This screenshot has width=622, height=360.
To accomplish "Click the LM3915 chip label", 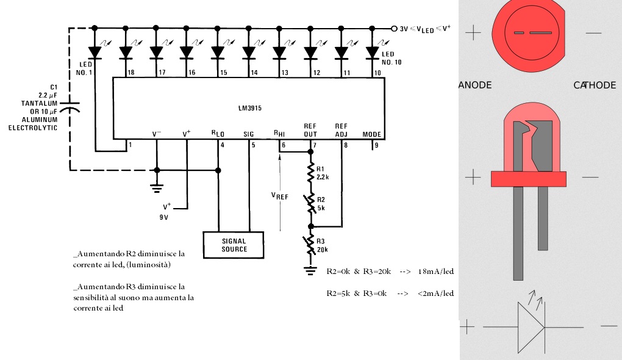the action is click(x=250, y=108).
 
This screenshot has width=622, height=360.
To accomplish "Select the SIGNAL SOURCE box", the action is click(x=233, y=245).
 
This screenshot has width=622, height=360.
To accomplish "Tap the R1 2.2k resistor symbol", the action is click(x=310, y=173).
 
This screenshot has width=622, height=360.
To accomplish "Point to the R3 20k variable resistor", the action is click(x=310, y=245).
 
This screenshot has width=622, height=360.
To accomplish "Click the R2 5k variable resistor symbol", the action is click(x=310, y=204).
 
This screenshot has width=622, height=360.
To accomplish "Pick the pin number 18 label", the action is click(x=131, y=73).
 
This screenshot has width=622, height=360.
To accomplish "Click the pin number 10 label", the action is click(x=377, y=73).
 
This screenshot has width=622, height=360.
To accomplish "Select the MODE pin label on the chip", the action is click(x=372, y=134).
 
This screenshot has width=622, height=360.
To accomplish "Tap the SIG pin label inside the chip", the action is click(x=248, y=134).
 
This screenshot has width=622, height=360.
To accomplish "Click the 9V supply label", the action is click(x=164, y=217).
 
